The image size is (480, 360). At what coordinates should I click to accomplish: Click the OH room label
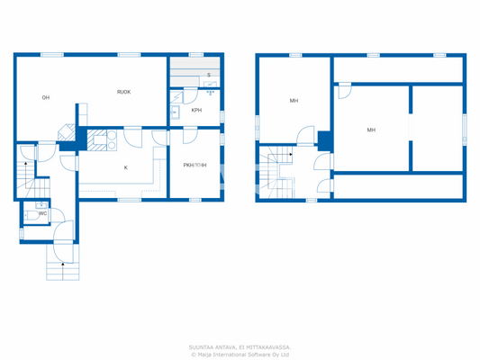[x=45, y=97]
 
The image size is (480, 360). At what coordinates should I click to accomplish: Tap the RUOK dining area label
[x=123, y=92]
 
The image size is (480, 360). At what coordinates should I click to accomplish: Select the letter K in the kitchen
[x=125, y=168]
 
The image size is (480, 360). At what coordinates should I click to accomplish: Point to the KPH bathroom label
[x=196, y=111]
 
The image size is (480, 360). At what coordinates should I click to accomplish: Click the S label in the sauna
[x=209, y=76]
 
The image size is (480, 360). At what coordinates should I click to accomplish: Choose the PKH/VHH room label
[x=195, y=165]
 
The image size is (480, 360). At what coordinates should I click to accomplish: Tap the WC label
[x=42, y=213]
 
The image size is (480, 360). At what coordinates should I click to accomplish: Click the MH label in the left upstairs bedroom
[x=294, y=101]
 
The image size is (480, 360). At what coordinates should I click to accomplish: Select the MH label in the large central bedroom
[x=371, y=130]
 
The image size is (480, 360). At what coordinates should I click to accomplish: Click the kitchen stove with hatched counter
[x=97, y=139]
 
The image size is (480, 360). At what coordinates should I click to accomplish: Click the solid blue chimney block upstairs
[x=324, y=140]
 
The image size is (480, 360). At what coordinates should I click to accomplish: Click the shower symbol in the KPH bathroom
[x=210, y=91]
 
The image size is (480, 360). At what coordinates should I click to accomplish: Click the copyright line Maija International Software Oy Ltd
[x=240, y=354]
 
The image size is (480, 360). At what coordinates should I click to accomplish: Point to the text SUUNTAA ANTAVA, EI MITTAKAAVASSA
[x=240, y=346]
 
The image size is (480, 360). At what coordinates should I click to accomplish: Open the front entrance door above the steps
[x=63, y=233]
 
